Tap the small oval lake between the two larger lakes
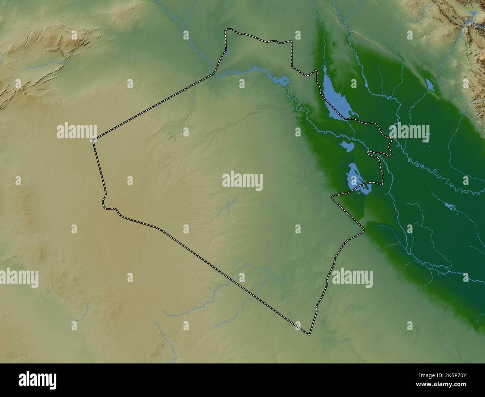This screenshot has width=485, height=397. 346,146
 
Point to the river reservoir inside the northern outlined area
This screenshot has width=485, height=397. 281,81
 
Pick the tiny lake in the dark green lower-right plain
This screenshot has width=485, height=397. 449,205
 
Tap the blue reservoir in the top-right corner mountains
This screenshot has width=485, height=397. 473,15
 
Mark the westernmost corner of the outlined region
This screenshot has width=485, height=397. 93,141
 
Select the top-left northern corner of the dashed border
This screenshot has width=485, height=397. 226,30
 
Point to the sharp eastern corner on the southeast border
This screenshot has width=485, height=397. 364,232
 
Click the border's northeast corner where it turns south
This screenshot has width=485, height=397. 291,42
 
